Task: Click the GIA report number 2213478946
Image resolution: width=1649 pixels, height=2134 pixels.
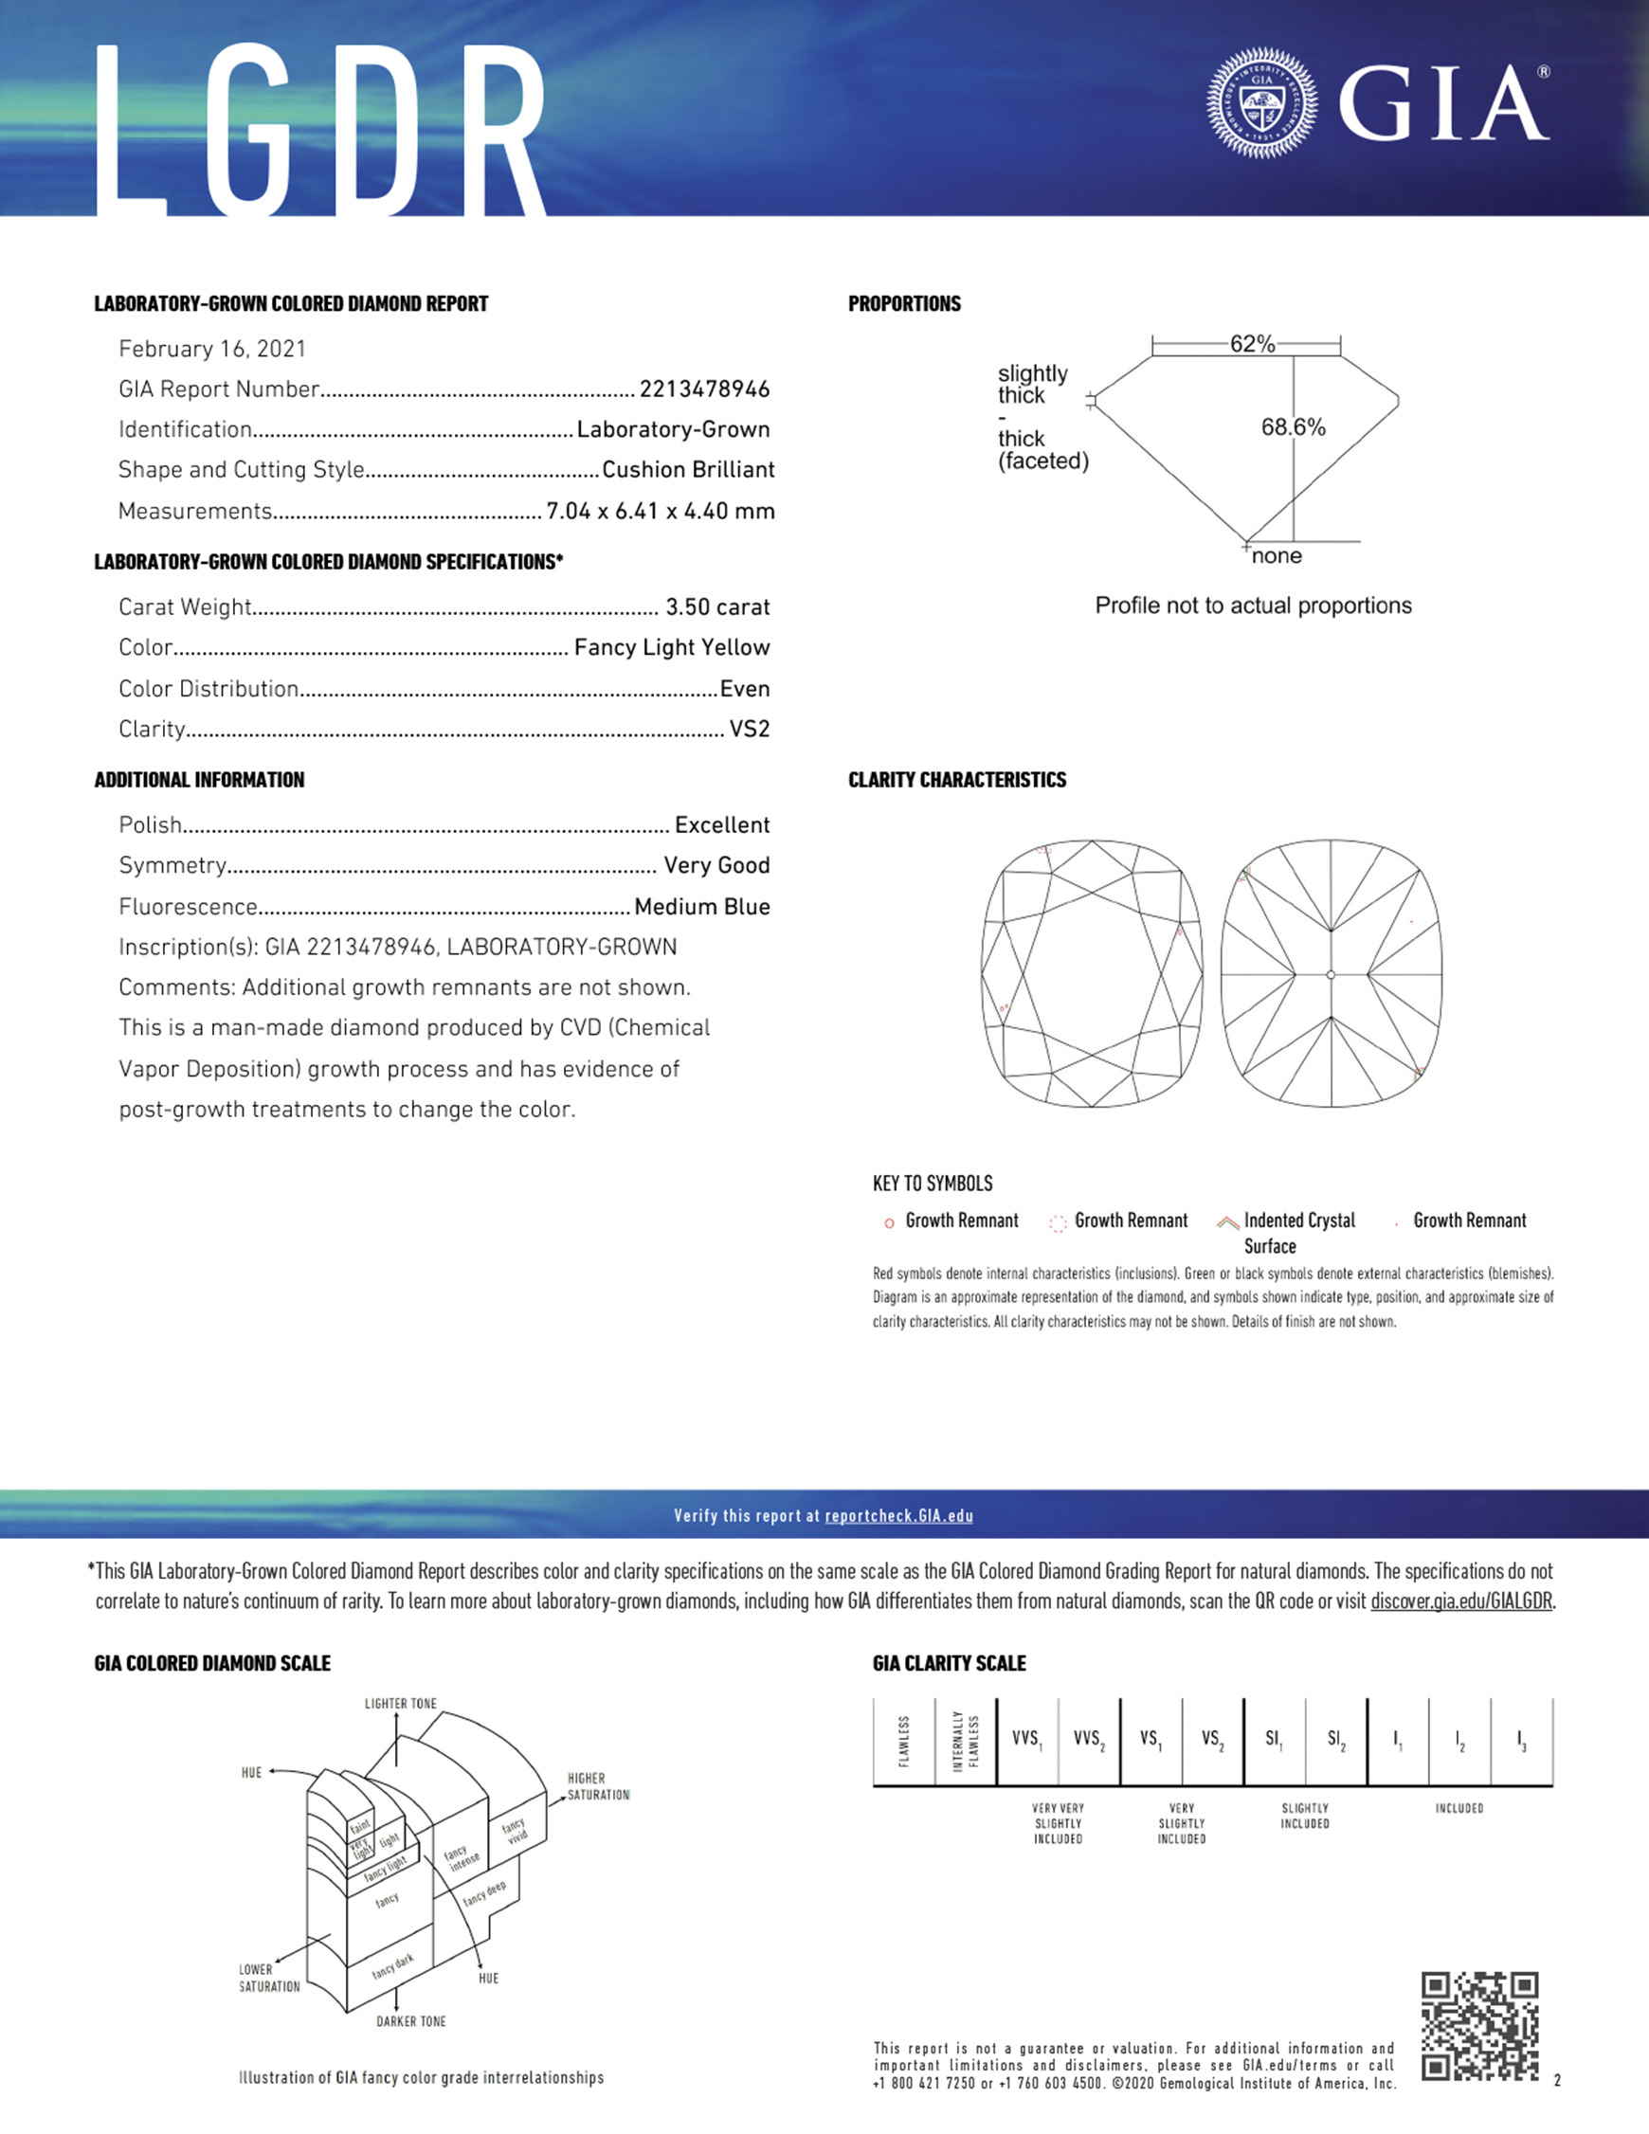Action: (704, 389)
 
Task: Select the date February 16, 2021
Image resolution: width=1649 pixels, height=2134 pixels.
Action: (212, 349)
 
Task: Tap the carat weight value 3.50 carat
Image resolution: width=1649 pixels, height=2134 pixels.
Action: (716, 606)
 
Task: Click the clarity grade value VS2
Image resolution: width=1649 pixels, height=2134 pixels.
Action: (749, 729)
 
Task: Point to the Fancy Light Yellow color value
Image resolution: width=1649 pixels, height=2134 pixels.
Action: (672, 647)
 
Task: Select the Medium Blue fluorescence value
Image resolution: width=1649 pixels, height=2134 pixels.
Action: (701, 907)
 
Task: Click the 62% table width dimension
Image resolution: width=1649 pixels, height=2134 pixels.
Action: (1252, 344)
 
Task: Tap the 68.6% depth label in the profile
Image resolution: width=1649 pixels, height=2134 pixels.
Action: (1293, 427)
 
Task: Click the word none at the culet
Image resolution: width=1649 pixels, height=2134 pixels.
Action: (1277, 556)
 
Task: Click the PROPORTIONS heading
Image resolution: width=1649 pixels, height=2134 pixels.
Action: (904, 304)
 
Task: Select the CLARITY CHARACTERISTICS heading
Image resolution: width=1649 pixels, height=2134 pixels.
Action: (957, 780)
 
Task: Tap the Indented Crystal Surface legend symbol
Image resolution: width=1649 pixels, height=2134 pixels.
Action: (1226, 1222)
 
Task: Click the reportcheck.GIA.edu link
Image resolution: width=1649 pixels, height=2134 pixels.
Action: (898, 1515)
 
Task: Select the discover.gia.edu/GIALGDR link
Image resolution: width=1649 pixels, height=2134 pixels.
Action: (1460, 1601)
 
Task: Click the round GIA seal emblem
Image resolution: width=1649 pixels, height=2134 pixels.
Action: (1262, 102)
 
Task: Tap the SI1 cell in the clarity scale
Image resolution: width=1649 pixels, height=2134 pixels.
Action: (1274, 1739)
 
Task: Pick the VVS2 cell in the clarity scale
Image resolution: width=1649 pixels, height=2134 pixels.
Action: (1088, 1739)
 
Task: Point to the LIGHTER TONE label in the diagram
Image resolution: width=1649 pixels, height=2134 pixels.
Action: (400, 1704)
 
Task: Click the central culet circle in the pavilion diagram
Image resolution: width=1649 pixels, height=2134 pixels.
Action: (1331, 974)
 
